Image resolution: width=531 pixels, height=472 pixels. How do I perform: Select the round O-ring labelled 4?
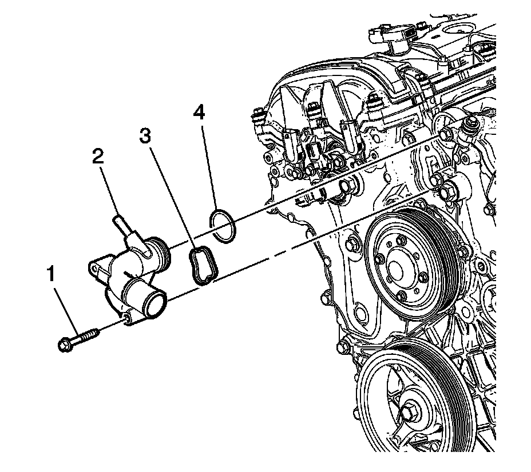(223, 226)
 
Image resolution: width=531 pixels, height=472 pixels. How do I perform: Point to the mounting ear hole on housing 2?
(95, 267)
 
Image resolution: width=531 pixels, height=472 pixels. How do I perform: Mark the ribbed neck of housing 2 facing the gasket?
(161, 257)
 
